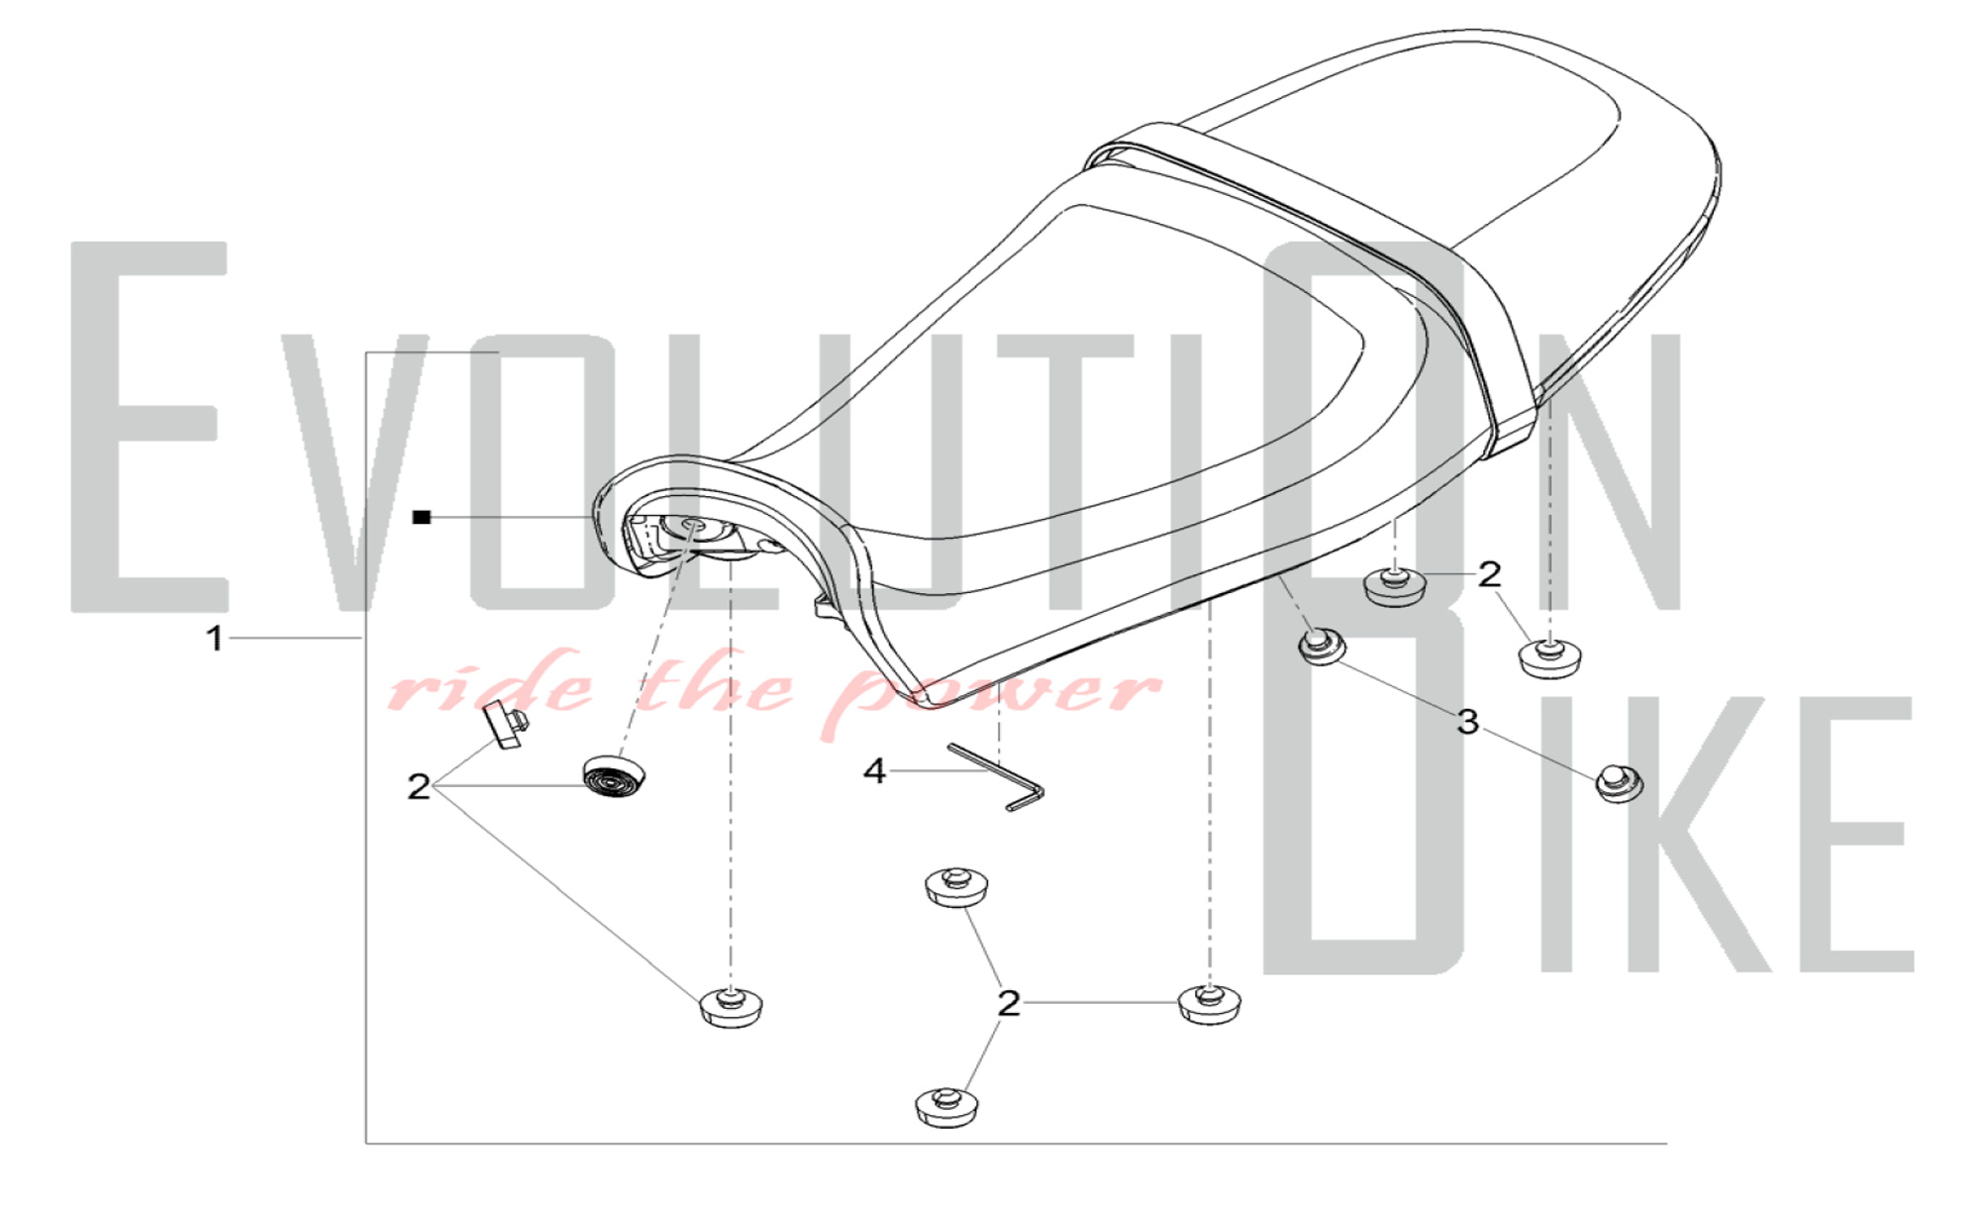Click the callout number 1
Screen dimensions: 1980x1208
pyautogui.click(x=215, y=639)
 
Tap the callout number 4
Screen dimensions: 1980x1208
pyautogui.click(x=873, y=771)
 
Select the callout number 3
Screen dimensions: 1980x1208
pyautogui.click(x=1467, y=722)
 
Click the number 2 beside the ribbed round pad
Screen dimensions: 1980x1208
pyautogui.click(x=419, y=787)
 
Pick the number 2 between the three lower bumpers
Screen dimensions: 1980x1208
pyautogui.click(x=1008, y=1003)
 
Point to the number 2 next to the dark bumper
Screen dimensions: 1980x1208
pyautogui.click(x=1489, y=573)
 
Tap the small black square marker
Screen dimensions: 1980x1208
pyautogui.click(x=422, y=517)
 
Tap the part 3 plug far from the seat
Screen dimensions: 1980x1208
pyautogui.click(x=1619, y=783)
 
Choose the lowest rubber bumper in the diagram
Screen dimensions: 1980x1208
pyautogui.click(x=949, y=1108)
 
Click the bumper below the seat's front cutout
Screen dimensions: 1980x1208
pyautogui.click(x=732, y=1007)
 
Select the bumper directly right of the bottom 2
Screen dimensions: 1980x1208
pyautogui.click(x=1209, y=1004)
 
